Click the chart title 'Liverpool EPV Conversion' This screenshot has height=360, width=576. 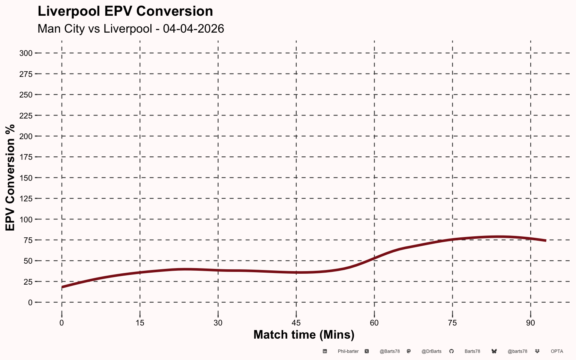click(125, 12)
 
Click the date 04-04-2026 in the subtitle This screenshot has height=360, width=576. click(193, 28)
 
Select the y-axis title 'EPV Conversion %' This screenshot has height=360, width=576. click(10, 178)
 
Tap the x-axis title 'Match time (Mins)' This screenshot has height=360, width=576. click(304, 335)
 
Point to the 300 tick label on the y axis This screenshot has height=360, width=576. click(26, 53)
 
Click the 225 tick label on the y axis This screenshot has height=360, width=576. click(26, 116)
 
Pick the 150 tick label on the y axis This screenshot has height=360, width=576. click(26, 178)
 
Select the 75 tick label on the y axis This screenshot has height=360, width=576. click(28, 240)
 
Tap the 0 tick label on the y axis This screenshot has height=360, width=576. click(30, 302)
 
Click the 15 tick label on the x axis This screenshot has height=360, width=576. click(140, 323)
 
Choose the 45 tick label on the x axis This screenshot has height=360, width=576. click(296, 323)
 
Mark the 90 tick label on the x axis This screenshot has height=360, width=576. click(531, 323)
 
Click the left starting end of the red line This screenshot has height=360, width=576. click(62, 287)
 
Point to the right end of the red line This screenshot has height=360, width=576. click(546, 241)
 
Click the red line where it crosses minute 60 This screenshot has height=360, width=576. click(374, 258)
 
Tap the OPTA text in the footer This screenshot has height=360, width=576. click(557, 351)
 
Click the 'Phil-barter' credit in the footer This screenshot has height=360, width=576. click(348, 351)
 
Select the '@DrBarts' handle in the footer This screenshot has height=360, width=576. click(432, 351)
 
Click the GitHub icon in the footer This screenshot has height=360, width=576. click(451, 351)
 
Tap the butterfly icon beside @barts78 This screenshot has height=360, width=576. click(494, 351)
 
